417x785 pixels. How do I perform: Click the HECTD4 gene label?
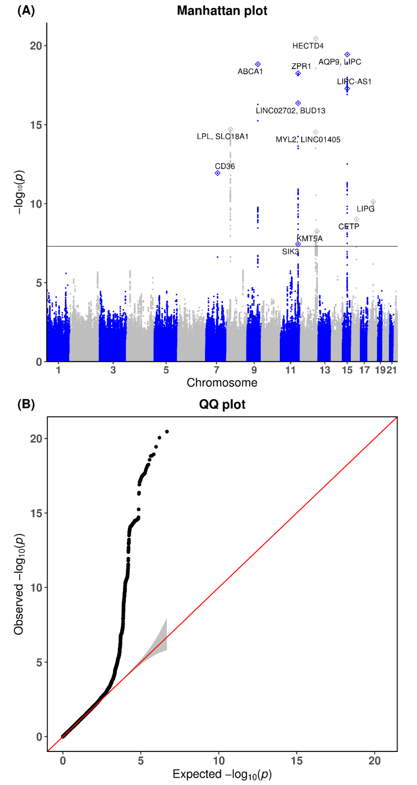tap(308, 46)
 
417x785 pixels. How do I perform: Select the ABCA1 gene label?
tap(250, 72)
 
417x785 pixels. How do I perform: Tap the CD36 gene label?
tap(225, 166)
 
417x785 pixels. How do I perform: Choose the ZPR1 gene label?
tap(301, 66)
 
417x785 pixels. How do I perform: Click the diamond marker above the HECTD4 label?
tap(316, 38)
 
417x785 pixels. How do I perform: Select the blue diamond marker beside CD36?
tap(217, 173)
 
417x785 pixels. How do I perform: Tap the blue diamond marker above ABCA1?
tap(258, 64)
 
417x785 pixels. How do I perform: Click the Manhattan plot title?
tap(222, 11)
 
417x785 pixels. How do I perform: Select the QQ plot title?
tap(222, 404)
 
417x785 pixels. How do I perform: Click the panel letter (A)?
tap(26, 11)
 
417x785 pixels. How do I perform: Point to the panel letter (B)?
tap(26, 404)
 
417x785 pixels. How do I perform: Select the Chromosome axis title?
tap(222, 383)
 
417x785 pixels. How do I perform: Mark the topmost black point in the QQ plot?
tap(167, 432)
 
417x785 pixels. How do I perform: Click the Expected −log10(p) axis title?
tap(222, 774)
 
